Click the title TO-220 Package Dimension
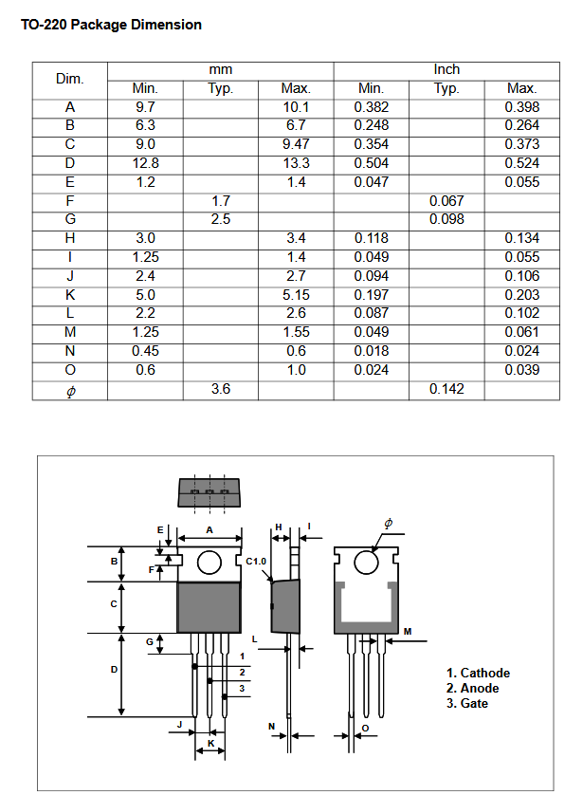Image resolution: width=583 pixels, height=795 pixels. pos(111,25)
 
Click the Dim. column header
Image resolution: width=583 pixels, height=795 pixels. pos(69,79)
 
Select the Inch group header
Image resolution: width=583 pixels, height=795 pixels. pos(446,69)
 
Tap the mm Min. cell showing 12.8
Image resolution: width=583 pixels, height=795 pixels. pos(145,163)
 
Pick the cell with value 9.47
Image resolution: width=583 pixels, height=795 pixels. pos(296,144)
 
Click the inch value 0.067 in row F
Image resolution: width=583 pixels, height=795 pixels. pos(446,201)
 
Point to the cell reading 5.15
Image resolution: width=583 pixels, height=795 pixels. pos(296,295)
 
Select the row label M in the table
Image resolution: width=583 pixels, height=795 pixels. pos(69,332)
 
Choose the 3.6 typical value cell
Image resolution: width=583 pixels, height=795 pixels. pos(220,389)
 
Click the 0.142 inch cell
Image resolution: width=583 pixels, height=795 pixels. pos(446,389)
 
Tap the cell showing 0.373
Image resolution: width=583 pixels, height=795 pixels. pos(521,144)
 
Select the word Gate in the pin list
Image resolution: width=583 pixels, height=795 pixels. pos(475,703)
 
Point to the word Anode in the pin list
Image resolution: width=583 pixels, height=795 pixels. pos(480,689)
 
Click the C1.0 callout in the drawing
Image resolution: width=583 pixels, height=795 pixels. pos(257,562)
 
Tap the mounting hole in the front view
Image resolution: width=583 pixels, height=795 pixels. pos(210,564)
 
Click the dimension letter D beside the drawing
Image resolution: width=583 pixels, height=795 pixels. pos(114,670)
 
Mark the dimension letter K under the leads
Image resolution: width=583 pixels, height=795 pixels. pos(210,741)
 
